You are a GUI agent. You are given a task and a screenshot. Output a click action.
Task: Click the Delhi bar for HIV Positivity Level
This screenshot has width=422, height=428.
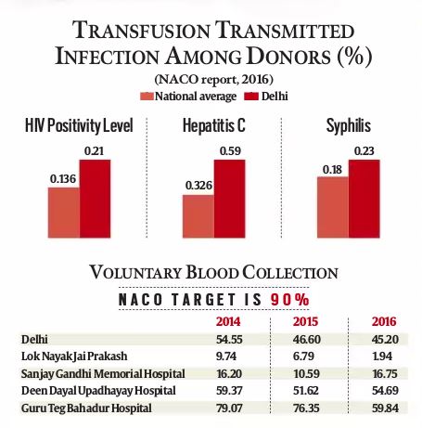pyautogui.click(x=95, y=199)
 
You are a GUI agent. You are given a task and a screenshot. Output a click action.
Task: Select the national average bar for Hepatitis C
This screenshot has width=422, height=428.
pyautogui.click(x=198, y=216)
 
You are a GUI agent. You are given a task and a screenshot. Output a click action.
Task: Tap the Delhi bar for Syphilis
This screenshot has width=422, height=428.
pyautogui.click(x=364, y=199)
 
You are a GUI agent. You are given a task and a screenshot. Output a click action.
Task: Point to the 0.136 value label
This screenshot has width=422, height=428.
pyautogui.click(x=63, y=178)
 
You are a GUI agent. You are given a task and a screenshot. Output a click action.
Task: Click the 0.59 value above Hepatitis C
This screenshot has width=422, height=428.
pyautogui.click(x=230, y=150)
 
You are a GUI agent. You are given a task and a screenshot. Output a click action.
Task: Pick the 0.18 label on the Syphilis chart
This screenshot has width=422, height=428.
pyautogui.click(x=332, y=170)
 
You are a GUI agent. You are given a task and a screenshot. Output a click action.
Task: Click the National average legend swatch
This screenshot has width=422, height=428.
pyautogui.click(x=147, y=97)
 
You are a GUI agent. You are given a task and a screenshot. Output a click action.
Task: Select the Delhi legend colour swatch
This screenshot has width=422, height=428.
pyautogui.click(x=251, y=97)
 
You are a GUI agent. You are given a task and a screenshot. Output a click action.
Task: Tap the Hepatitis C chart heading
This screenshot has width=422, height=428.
pyautogui.click(x=214, y=125)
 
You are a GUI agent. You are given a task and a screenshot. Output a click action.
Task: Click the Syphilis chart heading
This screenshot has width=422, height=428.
pyautogui.click(x=349, y=125)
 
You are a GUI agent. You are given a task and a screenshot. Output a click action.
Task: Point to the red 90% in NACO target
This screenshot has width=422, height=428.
pyautogui.click(x=289, y=300)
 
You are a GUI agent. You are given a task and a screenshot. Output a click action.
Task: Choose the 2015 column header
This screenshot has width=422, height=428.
pyautogui.click(x=305, y=321)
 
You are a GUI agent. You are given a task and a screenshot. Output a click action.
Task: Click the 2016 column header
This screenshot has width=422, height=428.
pyautogui.click(x=384, y=321)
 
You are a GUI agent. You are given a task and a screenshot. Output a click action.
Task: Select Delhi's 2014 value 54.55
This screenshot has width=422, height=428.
pyautogui.click(x=229, y=339)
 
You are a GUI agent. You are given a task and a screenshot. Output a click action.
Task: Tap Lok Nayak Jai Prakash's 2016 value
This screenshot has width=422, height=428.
pyautogui.click(x=382, y=357)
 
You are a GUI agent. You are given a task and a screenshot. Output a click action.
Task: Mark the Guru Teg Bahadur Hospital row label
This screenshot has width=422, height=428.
pyautogui.click(x=86, y=408)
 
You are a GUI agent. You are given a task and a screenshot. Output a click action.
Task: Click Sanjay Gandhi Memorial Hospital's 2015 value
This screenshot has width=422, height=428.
pyautogui.click(x=306, y=373)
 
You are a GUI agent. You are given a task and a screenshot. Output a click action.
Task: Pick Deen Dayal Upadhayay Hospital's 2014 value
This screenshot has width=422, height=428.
pyautogui.click(x=229, y=391)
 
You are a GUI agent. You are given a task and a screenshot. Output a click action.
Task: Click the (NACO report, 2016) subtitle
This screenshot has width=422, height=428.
pyautogui.click(x=214, y=80)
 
